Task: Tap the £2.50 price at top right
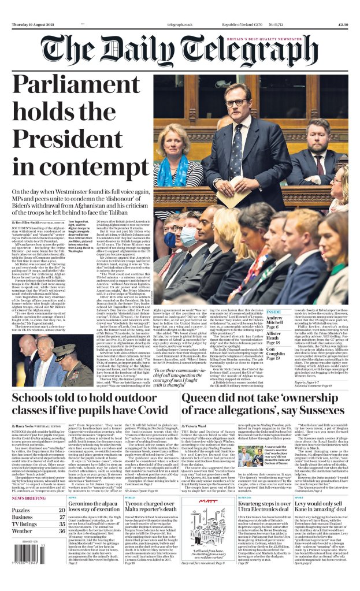tap(342, 25)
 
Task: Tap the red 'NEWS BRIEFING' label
tap(29, 497)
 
